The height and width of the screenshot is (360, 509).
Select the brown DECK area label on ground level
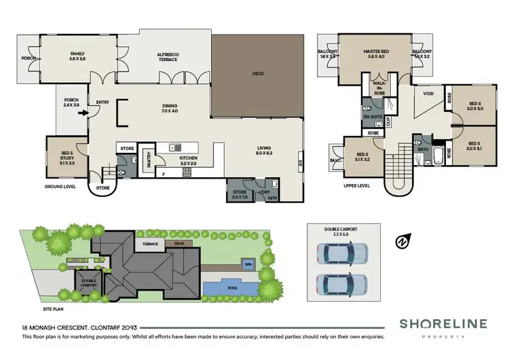click(257, 73)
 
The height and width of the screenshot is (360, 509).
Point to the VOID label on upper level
click(428, 94)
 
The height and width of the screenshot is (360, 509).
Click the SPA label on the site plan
click(248, 264)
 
